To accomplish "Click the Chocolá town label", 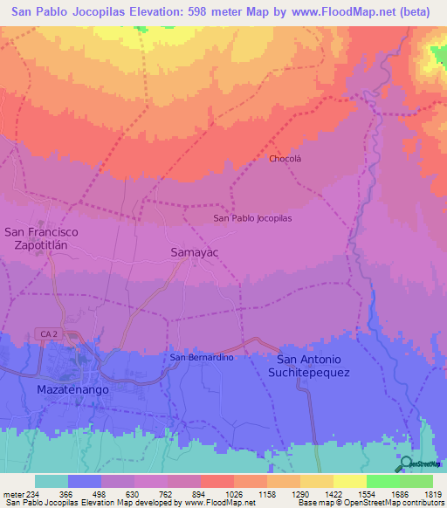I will click(x=285, y=159).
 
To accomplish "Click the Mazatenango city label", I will click(x=72, y=388).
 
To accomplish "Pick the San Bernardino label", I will click(x=202, y=357).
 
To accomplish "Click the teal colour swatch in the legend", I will click(x=52, y=481).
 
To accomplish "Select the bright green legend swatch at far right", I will click(x=416, y=481).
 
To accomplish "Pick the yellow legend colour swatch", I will click(x=350, y=481).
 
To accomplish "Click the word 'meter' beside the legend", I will click(x=14, y=494).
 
